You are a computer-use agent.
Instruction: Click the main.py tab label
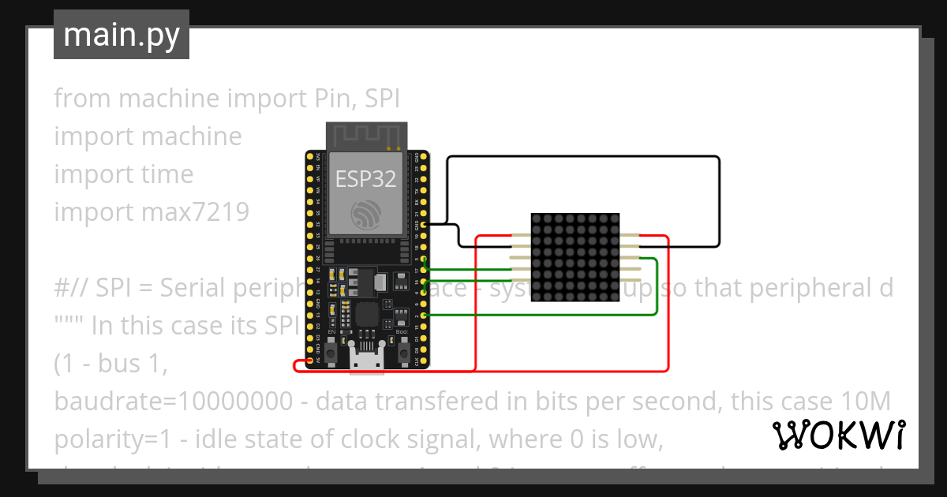click(121, 35)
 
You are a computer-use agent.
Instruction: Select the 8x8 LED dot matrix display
click(575, 257)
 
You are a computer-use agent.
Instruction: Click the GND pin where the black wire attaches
click(425, 225)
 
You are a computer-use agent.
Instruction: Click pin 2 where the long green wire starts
click(425, 316)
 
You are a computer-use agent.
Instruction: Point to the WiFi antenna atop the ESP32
click(367, 135)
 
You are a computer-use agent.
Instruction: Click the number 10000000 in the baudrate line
click(233, 402)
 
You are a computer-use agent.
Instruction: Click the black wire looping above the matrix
click(584, 157)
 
